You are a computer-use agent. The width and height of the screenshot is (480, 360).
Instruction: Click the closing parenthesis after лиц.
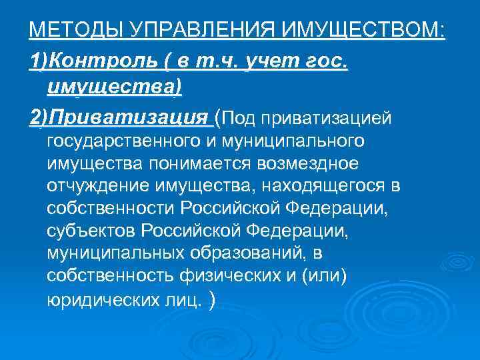(212, 300)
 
